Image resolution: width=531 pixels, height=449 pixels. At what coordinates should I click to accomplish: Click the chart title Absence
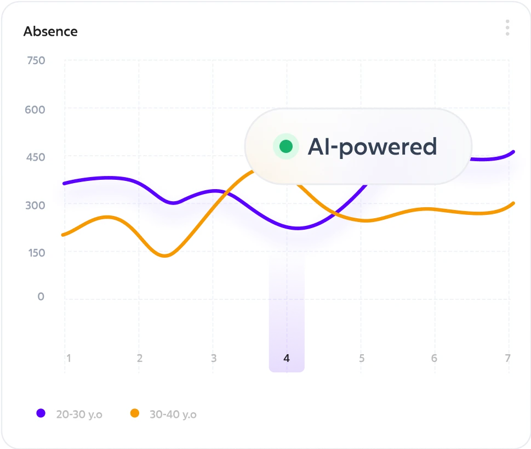50,32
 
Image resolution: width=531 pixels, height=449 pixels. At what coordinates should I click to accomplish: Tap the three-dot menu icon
507,27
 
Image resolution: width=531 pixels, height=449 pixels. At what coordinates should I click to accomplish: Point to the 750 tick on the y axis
35,60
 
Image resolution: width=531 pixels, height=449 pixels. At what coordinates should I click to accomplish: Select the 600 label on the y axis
35,110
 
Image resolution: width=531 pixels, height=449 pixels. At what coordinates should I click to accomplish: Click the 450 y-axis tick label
35,157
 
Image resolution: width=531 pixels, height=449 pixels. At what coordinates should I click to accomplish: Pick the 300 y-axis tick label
35,205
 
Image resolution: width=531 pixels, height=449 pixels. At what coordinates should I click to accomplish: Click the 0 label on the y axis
41,297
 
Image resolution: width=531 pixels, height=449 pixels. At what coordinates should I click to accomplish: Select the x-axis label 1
68,359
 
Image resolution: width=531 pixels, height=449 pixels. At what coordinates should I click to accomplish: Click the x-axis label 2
140,359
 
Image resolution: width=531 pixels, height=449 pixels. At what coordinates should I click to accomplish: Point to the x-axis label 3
214,359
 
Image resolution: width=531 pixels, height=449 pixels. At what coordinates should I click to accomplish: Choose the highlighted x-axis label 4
286,359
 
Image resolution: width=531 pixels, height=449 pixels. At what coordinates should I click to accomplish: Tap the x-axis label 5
361,359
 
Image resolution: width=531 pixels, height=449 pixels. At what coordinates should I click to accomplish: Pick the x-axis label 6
434,359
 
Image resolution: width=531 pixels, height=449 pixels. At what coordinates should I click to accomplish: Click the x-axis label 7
508,359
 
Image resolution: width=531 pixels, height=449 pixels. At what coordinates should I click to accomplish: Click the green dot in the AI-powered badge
286,146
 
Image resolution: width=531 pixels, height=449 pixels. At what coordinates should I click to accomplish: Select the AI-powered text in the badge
372,147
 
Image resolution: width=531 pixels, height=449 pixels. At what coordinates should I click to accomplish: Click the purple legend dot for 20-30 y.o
41,413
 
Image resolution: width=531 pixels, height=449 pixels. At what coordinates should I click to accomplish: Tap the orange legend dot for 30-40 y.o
134,413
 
